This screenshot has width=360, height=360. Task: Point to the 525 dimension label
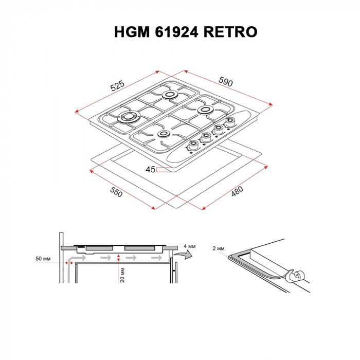(118, 85)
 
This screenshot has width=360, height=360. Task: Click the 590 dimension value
(226, 81)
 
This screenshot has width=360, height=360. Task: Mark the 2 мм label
(218, 248)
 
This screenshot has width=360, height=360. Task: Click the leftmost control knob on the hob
(193, 145)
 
